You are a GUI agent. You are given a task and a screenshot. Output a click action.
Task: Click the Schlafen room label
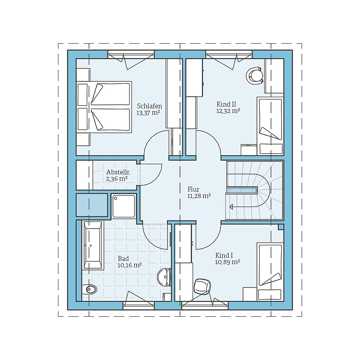[149, 106]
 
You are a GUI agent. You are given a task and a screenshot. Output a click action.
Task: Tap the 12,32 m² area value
[228, 111]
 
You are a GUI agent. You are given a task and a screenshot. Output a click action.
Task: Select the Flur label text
[193, 189]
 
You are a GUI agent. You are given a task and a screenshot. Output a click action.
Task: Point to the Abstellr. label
[118, 172]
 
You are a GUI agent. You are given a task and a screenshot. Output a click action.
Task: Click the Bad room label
[123, 258]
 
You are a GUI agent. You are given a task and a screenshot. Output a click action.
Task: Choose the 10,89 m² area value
[228, 262]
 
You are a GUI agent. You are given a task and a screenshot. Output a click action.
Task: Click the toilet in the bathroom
[90, 289]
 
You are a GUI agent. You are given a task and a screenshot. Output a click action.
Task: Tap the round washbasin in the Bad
[164, 277]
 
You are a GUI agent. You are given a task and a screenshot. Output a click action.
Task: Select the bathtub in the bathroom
[93, 245]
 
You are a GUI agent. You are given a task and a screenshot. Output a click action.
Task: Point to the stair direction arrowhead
[231, 207]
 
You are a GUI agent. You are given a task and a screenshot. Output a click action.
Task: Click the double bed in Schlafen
[104, 107]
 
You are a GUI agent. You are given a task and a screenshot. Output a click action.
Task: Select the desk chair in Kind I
[202, 286]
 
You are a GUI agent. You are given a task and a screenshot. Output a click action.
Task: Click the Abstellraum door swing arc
[156, 178]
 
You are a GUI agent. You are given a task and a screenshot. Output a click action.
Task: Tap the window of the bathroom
[139, 306]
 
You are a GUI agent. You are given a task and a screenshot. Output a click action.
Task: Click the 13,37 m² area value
[148, 113]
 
